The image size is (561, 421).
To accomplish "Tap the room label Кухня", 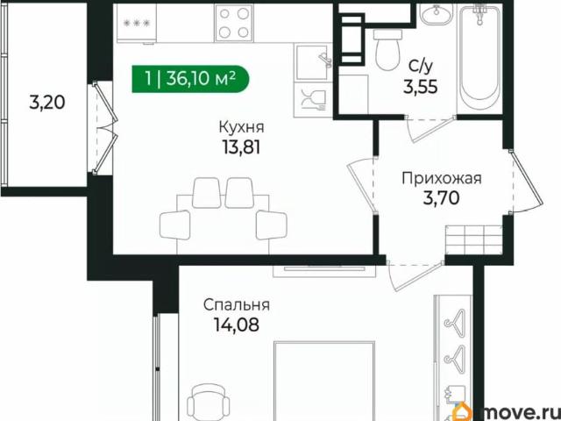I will pos(239,126).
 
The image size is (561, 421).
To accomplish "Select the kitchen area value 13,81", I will pos(239,146).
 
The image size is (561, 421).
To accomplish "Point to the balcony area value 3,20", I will pos(46,103).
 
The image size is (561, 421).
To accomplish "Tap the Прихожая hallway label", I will pos(442,179).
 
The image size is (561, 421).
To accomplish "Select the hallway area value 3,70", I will pos(442,199).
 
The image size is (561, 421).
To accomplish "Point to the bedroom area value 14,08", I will pos(236,325).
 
